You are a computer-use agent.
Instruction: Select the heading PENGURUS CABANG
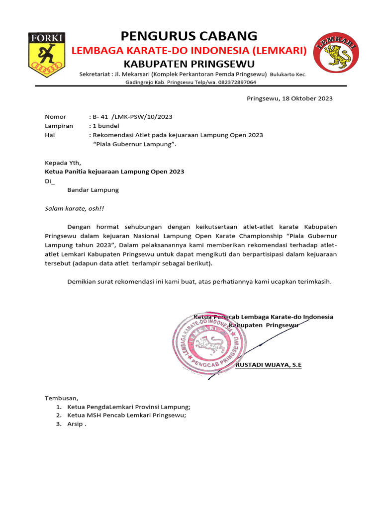189,36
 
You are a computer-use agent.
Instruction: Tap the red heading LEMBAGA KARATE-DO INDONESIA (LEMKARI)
190,50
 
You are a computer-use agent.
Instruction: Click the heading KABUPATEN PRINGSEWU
189,64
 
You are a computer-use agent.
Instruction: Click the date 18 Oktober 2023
307,98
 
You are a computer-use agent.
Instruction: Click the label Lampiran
59,126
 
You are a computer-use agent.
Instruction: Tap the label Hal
50,135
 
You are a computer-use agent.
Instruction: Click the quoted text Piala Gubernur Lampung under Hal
135,144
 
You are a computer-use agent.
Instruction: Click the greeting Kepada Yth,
62,163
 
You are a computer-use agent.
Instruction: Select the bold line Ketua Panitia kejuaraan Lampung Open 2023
114,171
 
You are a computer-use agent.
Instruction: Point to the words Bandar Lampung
93,190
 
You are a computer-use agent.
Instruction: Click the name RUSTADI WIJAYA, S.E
268,364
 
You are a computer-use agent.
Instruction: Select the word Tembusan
62,398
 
